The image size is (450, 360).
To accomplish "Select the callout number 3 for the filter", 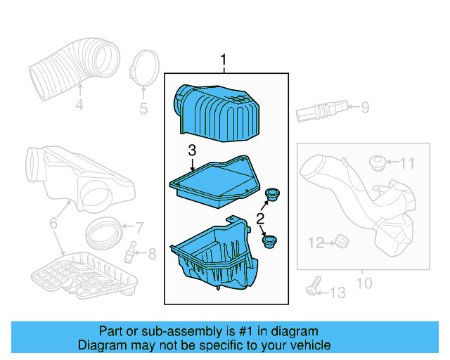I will tap(192, 150).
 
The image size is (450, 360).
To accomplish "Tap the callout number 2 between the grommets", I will tap(260, 219).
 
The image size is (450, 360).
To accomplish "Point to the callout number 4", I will tap(79, 105).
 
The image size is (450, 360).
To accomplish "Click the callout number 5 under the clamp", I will tap(143, 108).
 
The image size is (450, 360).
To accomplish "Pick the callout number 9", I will tap(364, 108).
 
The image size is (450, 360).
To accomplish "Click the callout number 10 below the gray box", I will tap(364, 284).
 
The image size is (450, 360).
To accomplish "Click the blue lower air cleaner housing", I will tap(211, 257).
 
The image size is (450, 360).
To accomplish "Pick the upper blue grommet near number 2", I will tap(272, 193).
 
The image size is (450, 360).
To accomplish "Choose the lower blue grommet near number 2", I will tap(269, 242).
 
